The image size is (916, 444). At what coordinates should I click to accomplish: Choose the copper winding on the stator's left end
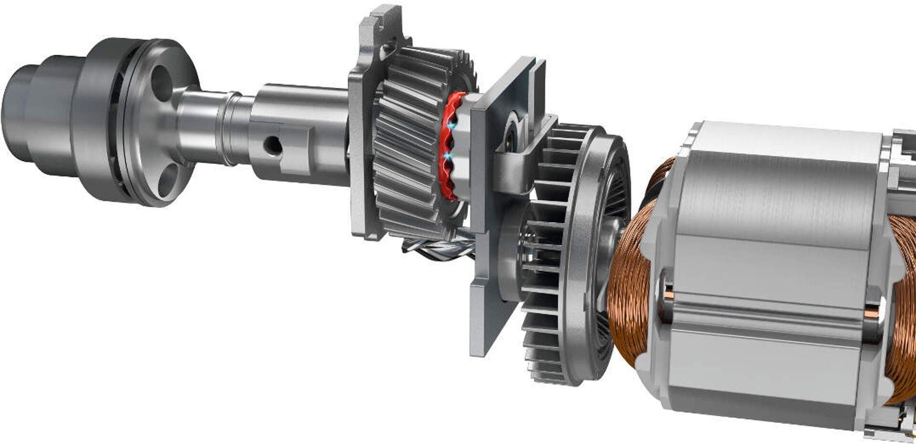pyautogui.click(x=630, y=286)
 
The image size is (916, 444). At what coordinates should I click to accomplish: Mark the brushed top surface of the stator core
pyautogui.click(x=782, y=191)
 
